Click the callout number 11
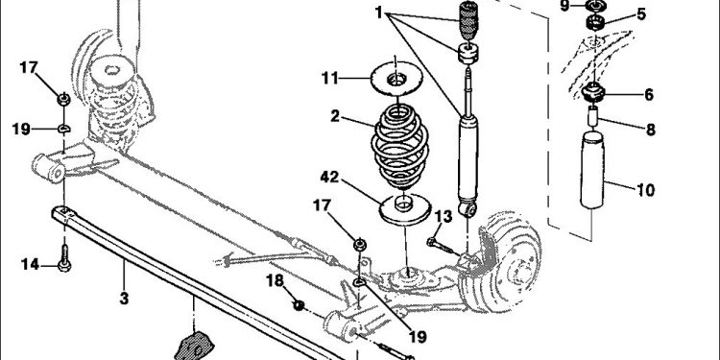pyautogui.click(x=329, y=79)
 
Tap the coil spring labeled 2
pyautogui.click(x=399, y=146)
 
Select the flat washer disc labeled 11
pyautogui.click(x=396, y=79)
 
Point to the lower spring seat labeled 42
pyautogui.click(x=404, y=209)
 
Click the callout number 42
pyautogui.click(x=329, y=177)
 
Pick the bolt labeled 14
pyautogui.click(x=64, y=257)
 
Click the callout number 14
pyautogui.click(x=30, y=265)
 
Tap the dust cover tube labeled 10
pyautogui.click(x=592, y=169)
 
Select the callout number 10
pyautogui.click(x=646, y=189)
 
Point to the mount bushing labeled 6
pyautogui.click(x=593, y=92)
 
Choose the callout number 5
pyautogui.click(x=641, y=14)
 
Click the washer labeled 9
pyautogui.click(x=596, y=6)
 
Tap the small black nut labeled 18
pyautogui.click(x=299, y=304)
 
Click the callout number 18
pyautogui.click(x=276, y=280)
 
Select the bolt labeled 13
pyautogui.click(x=441, y=246)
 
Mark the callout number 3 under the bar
pyautogui.click(x=124, y=299)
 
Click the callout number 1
pyautogui.click(x=378, y=12)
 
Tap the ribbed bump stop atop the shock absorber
pyautogui.click(x=468, y=21)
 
